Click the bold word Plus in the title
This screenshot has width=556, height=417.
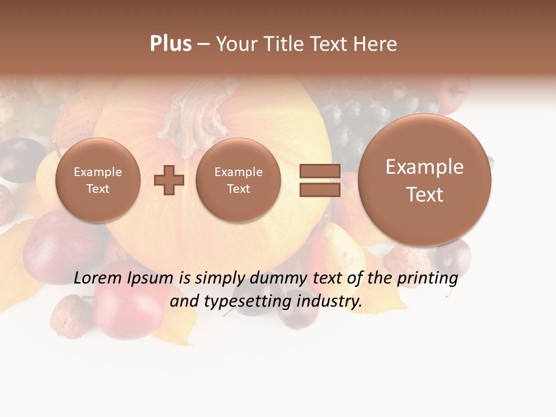(x=170, y=44)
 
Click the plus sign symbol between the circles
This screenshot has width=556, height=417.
(x=169, y=180)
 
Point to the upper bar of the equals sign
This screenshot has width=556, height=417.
(x=320, y=171)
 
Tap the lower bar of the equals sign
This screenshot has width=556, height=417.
(x=320, y=190)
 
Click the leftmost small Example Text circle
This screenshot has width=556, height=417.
(x=98, y=180)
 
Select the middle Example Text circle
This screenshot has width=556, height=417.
(x=238, y=180)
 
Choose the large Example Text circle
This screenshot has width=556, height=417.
(x=425, y=180)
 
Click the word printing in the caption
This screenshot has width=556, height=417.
(x=427, y=279)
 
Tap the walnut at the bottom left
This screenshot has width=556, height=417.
(x=68, y=317)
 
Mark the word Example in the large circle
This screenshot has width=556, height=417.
(x=425, y=167)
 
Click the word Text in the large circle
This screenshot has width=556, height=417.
(x=425, y=195)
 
